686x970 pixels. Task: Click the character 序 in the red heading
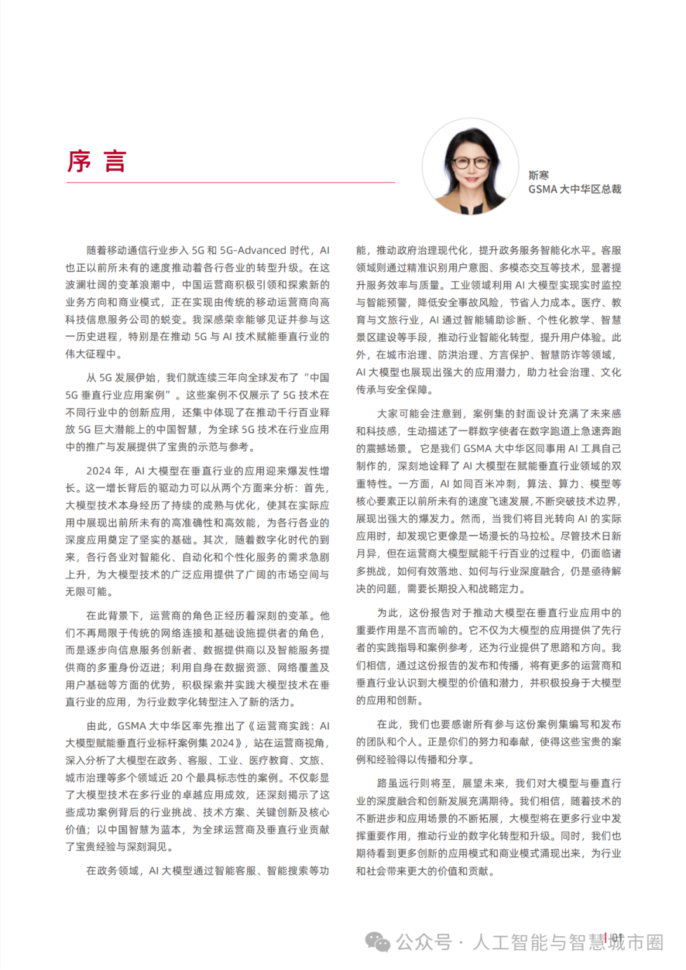pyautogui.click(x=79, y=161)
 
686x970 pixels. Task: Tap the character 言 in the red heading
pyautogui.click(x=115, y=161)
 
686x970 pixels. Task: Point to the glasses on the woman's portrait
pyautogui.click(x=471, y=161)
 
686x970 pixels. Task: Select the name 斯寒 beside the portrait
pyautogui.click(x=539, y=175)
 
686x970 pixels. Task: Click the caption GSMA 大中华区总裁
pyautogui.click(x=574, y=189)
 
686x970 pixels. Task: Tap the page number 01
pyautogui.click(x=617, y=938)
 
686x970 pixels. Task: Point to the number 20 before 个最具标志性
pyautogui.click(x=177, y=778)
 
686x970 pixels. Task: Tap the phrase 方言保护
pyautogui.click(x=509, y=354)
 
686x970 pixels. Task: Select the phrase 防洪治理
pyautogui.click(x=457, y=354)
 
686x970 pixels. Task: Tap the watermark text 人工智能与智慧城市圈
pyautogui.click(x=568, y=942)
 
